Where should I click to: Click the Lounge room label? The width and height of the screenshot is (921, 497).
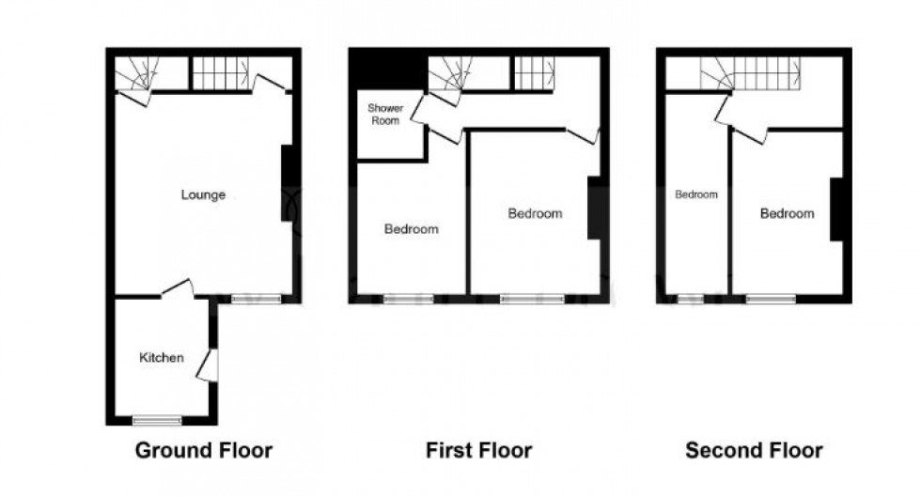(x=203, y=195)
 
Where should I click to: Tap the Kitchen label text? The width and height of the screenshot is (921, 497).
(x=162, y=357)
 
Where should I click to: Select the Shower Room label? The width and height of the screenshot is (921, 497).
(x=385, y=114)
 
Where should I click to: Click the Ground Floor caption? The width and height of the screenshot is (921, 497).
(x=204, y=451)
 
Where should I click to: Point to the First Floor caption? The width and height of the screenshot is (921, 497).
(x=478, y=451)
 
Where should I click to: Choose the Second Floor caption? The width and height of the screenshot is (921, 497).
(x=754, y=451)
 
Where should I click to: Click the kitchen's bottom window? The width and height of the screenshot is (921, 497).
(x=157, y=420)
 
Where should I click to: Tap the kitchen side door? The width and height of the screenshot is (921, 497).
(x=208, y=365)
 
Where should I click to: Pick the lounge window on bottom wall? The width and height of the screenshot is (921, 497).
(x=256, y=299)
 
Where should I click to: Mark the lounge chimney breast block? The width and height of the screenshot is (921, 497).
(x=288, y=183)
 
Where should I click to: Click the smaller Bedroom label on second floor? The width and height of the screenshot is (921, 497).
(x=696, y=194)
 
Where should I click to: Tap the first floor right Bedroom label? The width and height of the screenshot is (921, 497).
(x=535, y=213)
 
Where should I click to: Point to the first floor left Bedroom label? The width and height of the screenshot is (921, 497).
(x=412, y=228)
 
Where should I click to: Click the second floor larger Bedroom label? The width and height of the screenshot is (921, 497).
(x=788, y=213)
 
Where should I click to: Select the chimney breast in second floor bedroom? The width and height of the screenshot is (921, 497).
(x=837, y=210)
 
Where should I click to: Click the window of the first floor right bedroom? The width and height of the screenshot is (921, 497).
(x=532, y=299)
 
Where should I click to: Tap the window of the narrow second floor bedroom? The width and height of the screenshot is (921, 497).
(x=690, y=299)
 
